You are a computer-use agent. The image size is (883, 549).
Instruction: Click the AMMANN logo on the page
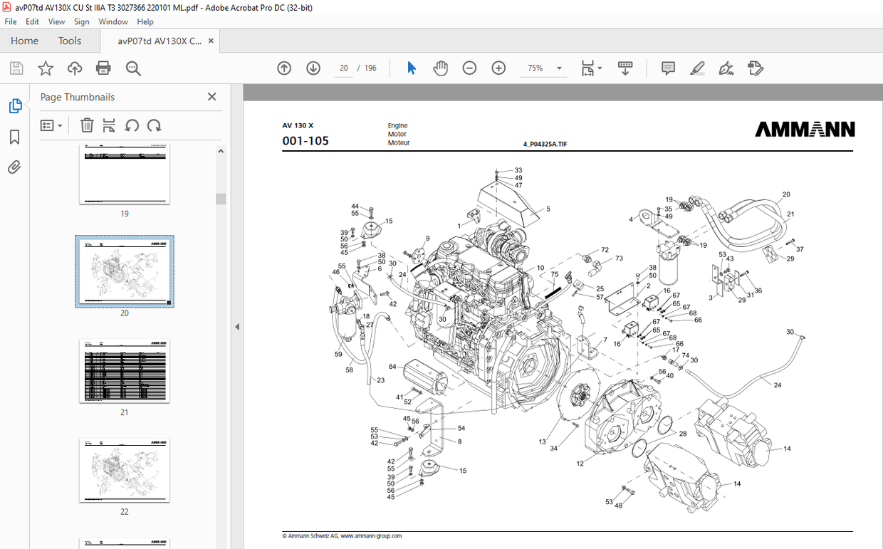click(805, 130)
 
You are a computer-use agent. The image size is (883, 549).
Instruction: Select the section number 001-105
click(305, 141)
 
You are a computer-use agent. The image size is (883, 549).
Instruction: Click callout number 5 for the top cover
click(548, 209)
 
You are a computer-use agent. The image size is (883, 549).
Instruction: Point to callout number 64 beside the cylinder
click(392, 367)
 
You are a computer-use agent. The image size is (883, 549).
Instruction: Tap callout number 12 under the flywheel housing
click(580, 464)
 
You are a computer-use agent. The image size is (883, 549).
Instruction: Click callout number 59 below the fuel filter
click(338, 354)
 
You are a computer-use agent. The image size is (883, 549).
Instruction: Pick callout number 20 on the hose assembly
click(786, 194)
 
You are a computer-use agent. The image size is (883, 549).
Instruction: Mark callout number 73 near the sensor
click(619, 258)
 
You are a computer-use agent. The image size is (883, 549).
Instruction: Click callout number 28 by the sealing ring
click(682, 434)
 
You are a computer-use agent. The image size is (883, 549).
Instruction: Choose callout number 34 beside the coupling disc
click(553, 448)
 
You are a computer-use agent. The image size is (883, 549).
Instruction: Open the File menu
click(11, 22)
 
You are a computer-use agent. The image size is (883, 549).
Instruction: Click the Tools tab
click(70, 41)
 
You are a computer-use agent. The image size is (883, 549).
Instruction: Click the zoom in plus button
click(498, 68)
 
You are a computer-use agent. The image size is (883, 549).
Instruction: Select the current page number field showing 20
click(344, 68)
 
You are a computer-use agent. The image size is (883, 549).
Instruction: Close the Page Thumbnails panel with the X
click(211, 97)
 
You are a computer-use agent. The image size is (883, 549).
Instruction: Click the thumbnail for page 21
click(125, 371)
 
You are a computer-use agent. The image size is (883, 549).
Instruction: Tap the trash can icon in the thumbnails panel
click(87, 125)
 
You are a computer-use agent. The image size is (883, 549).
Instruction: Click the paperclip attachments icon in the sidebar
click(14, 167)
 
